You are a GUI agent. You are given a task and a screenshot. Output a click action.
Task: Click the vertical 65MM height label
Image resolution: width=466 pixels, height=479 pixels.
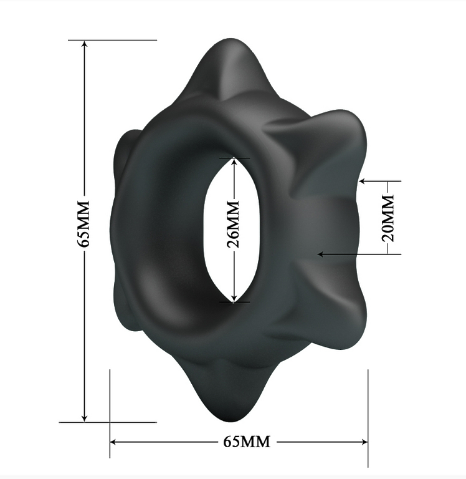pos(83,224)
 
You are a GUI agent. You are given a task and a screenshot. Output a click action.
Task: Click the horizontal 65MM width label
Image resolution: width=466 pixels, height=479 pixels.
pos(247,442)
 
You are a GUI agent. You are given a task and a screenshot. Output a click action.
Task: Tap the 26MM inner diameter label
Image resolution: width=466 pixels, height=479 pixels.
pos(233,225)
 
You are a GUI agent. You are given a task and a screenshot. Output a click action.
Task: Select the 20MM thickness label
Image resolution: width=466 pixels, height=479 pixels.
pos(388,218)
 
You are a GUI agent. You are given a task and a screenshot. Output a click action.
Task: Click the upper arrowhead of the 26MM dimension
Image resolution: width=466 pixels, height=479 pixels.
pos(234,161)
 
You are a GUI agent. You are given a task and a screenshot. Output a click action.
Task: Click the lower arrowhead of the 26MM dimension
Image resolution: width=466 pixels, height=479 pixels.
pos(234,299)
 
